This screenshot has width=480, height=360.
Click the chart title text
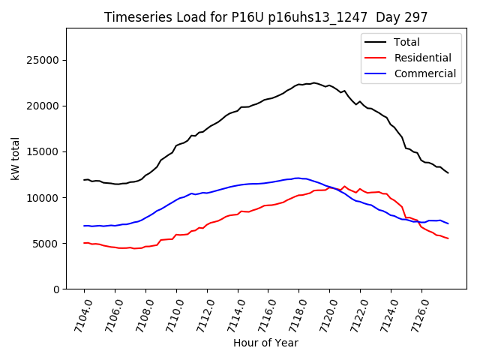tap(266, 17)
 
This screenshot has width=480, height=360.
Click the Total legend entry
tap(406, 42)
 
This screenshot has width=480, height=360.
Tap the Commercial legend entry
tap(424, 73)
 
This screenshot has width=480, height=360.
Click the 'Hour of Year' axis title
tap(265, 343)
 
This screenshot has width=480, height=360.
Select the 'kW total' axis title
tap(15, 159)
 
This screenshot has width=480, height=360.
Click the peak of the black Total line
tap(313, 82)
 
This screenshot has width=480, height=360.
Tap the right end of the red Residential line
tap(448, 238)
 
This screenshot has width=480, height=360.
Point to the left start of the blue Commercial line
tap(84, 226)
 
